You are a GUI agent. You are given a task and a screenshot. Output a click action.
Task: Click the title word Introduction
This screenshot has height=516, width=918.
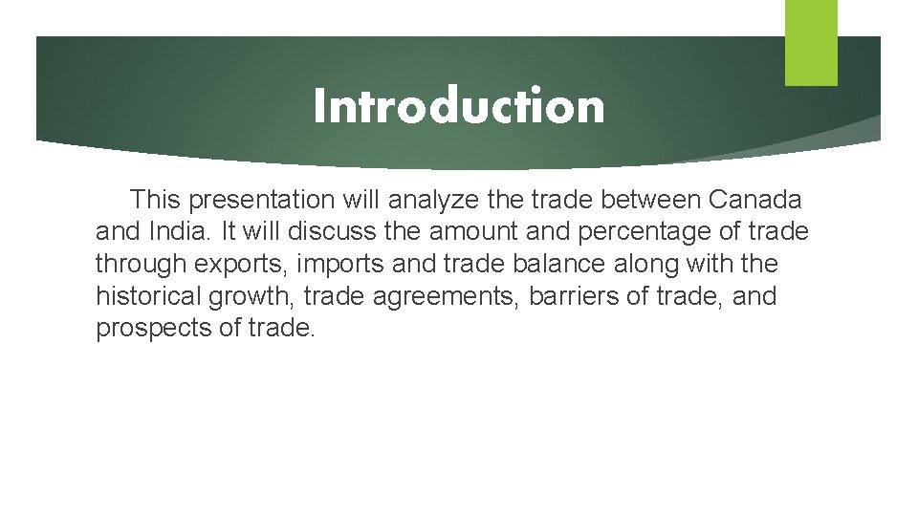[x=459, y=106]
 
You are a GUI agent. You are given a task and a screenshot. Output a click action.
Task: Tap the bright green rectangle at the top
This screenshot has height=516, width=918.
[x=811, y=42]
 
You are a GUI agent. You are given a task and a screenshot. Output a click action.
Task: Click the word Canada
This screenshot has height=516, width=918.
[x=755, y=200]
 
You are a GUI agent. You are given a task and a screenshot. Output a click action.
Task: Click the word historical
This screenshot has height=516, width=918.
[x=147, y=296]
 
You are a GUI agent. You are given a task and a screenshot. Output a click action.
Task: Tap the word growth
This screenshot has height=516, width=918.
[x=251, y=297]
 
